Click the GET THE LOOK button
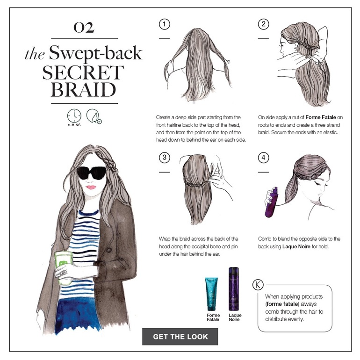point(180,336)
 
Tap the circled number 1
point(165,24)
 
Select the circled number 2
point(263,24)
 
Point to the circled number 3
point(165,158)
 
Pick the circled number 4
point(263,158)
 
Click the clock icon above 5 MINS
point(74,116)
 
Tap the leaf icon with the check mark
point(94,116)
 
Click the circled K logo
point(258,285)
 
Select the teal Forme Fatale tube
point(211,294)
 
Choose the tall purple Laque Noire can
point(233,289)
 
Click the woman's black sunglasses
point(92,173)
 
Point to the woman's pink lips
point(91,187)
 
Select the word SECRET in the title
point(83,72)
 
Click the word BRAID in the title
point(83,90)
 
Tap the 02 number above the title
point(84,27)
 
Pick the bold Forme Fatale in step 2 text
point(321,117)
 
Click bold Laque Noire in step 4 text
point(296,246)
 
